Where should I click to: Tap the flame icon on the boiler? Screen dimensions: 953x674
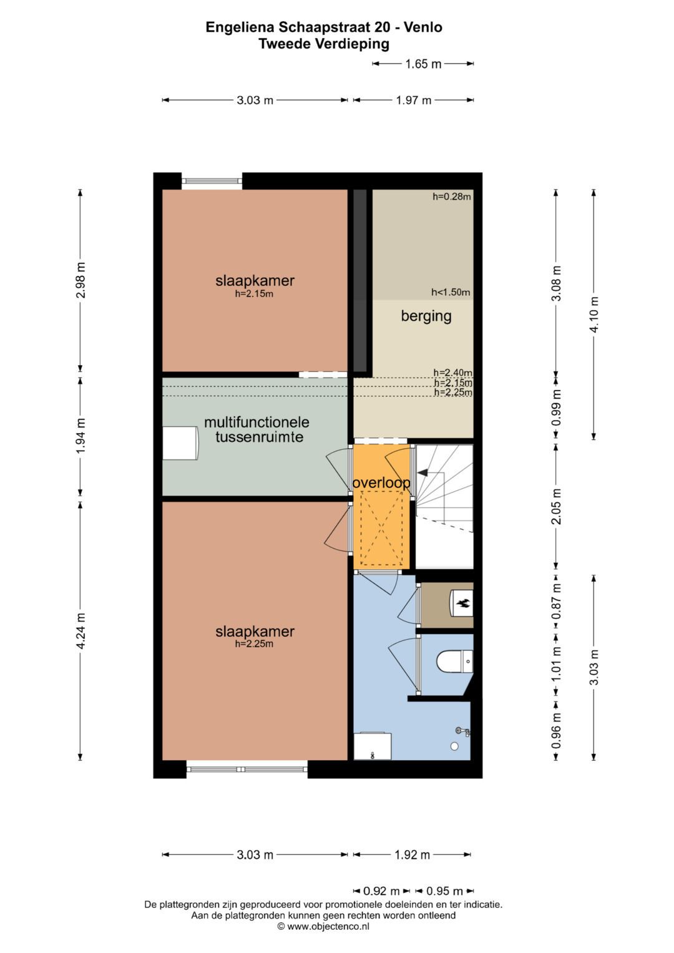[x=464, y=603]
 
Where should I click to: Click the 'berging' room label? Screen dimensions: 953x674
[x=426, y=316]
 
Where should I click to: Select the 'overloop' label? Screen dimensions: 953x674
[x=381, y=483]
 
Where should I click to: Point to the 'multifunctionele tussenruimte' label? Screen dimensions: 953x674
[x=256, y=429]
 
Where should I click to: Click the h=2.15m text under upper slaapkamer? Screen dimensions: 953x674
[x=254, y=294]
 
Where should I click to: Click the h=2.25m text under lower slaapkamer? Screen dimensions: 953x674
[x=254, y=644]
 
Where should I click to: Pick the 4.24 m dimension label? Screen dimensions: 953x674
[x=81, y=631]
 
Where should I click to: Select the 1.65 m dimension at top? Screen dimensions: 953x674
[x=423, y=64]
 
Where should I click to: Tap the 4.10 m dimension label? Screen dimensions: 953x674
[x=594, y=314]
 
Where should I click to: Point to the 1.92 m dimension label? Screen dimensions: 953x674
[x=412, y=855]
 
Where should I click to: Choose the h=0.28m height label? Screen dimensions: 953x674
[x=452, y=197]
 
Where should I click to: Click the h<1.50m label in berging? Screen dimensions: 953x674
[x=451, y=292]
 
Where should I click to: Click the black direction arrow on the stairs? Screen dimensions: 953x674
[x=422, y=473]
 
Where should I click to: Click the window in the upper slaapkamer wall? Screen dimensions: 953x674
[x=212, y=181]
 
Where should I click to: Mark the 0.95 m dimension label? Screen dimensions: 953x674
[x=444, y=891]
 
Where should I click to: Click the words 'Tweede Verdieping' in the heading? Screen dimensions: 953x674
[x=324, y=44]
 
